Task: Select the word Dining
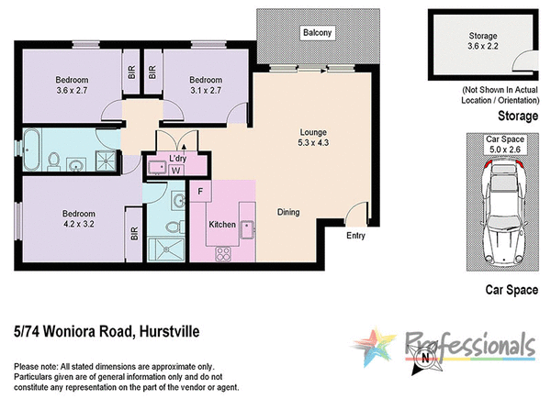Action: coord(288,213)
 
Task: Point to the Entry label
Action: coord(355,236)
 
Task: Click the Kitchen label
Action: coord(223,225)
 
